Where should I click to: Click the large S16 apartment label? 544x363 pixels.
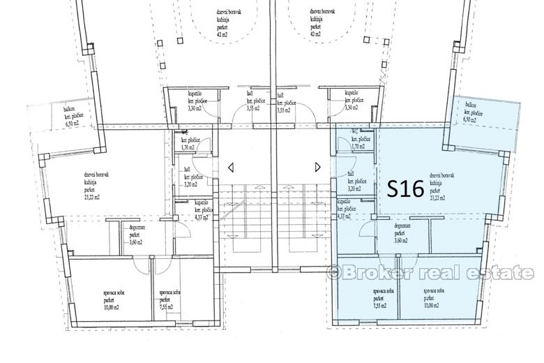click(x=405, y=188)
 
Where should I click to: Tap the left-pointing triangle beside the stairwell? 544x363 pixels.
click(x=231, y=167)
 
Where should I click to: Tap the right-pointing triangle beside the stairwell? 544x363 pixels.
click(x=318, y=167)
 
